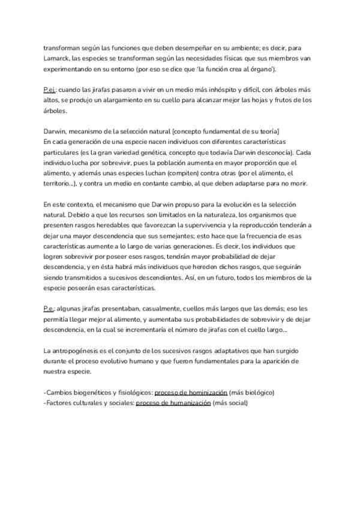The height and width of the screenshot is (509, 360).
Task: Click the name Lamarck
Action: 56,60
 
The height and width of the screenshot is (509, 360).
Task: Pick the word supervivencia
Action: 223,225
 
